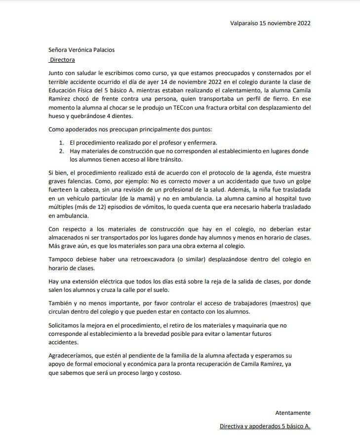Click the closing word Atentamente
(x=292, y=413)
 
